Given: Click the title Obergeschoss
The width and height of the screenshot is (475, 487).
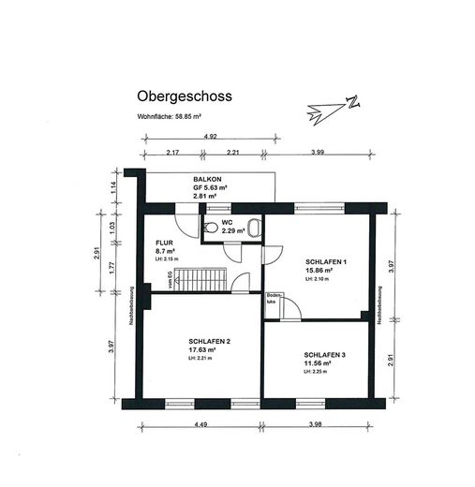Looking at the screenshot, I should click(184, 96).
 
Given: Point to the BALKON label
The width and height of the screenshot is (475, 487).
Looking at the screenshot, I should click(207, 179).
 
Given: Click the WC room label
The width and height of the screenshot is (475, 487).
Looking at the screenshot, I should click(227, 222).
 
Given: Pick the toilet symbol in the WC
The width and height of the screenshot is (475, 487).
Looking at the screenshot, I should click(212, 228).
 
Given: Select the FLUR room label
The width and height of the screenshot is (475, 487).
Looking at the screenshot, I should click(165, 243).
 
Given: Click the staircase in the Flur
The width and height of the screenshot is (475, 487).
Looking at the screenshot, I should click(201, 278).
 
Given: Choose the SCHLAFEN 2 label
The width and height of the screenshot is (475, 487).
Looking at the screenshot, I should click(208, 341).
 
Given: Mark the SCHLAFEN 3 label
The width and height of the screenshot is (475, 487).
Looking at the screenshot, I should click(324, 355).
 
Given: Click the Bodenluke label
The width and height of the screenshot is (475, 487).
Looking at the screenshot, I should click(273, 299).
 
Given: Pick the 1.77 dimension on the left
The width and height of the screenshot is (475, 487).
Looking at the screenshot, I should click(111, 269).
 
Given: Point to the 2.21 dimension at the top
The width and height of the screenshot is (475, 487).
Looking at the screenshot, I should click(233, 152).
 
